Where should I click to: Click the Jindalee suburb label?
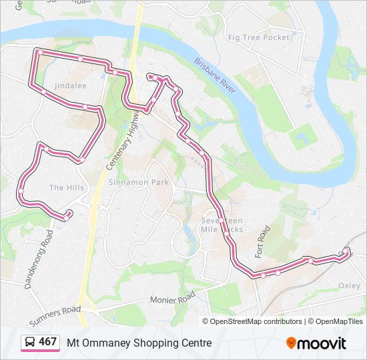[x=71, y=86]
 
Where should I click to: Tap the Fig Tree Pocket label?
[x=258, y=38]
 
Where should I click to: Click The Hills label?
[x=67, y=188]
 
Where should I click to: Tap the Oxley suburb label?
[x=349, y=285]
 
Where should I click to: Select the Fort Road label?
[x=262, y=242]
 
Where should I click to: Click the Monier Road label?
[x=172, y=297]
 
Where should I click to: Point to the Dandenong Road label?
[x=39, y=259]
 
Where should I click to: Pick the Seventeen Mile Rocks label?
[x=222, y=225]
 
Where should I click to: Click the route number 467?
[x=47, y=342]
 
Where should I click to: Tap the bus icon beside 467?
[x=30, y=343]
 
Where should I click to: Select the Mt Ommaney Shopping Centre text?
[x=139, y=343]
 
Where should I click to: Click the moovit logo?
[x=316, y=343]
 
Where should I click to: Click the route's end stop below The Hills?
[x=67, y=215]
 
